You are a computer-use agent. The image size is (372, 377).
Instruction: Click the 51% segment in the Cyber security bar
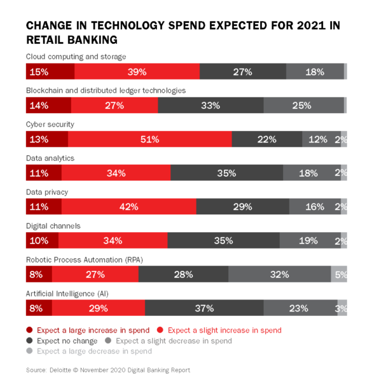click(x=149, y=139)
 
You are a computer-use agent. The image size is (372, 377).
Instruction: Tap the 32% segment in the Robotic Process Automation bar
click(x=279, y=275)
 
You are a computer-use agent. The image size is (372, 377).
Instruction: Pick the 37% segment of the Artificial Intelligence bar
click(x=204, y=308)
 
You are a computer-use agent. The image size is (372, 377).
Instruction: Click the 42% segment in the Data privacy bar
click(x=128, y=207)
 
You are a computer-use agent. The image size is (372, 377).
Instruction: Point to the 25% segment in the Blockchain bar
click(x=303, y=106)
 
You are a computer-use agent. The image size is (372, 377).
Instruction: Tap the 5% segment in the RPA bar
click(x=340, y=275)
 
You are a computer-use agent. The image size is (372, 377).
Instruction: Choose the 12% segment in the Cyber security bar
click(x=317, y=139)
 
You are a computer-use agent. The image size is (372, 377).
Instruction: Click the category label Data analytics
click(x=50, y=158)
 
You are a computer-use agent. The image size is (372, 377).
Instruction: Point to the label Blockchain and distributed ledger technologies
click(x=106, y=90)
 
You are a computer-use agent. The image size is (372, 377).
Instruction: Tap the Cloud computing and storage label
click(x=76, y=57)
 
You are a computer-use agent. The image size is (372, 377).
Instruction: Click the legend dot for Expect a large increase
click(x=29, y=330)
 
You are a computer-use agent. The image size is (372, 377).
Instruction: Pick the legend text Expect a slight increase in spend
click(x=224, y=330)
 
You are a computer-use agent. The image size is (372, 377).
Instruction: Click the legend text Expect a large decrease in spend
click(x=94, y=351)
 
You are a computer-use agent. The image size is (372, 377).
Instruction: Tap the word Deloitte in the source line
click(x=62, y=370)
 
